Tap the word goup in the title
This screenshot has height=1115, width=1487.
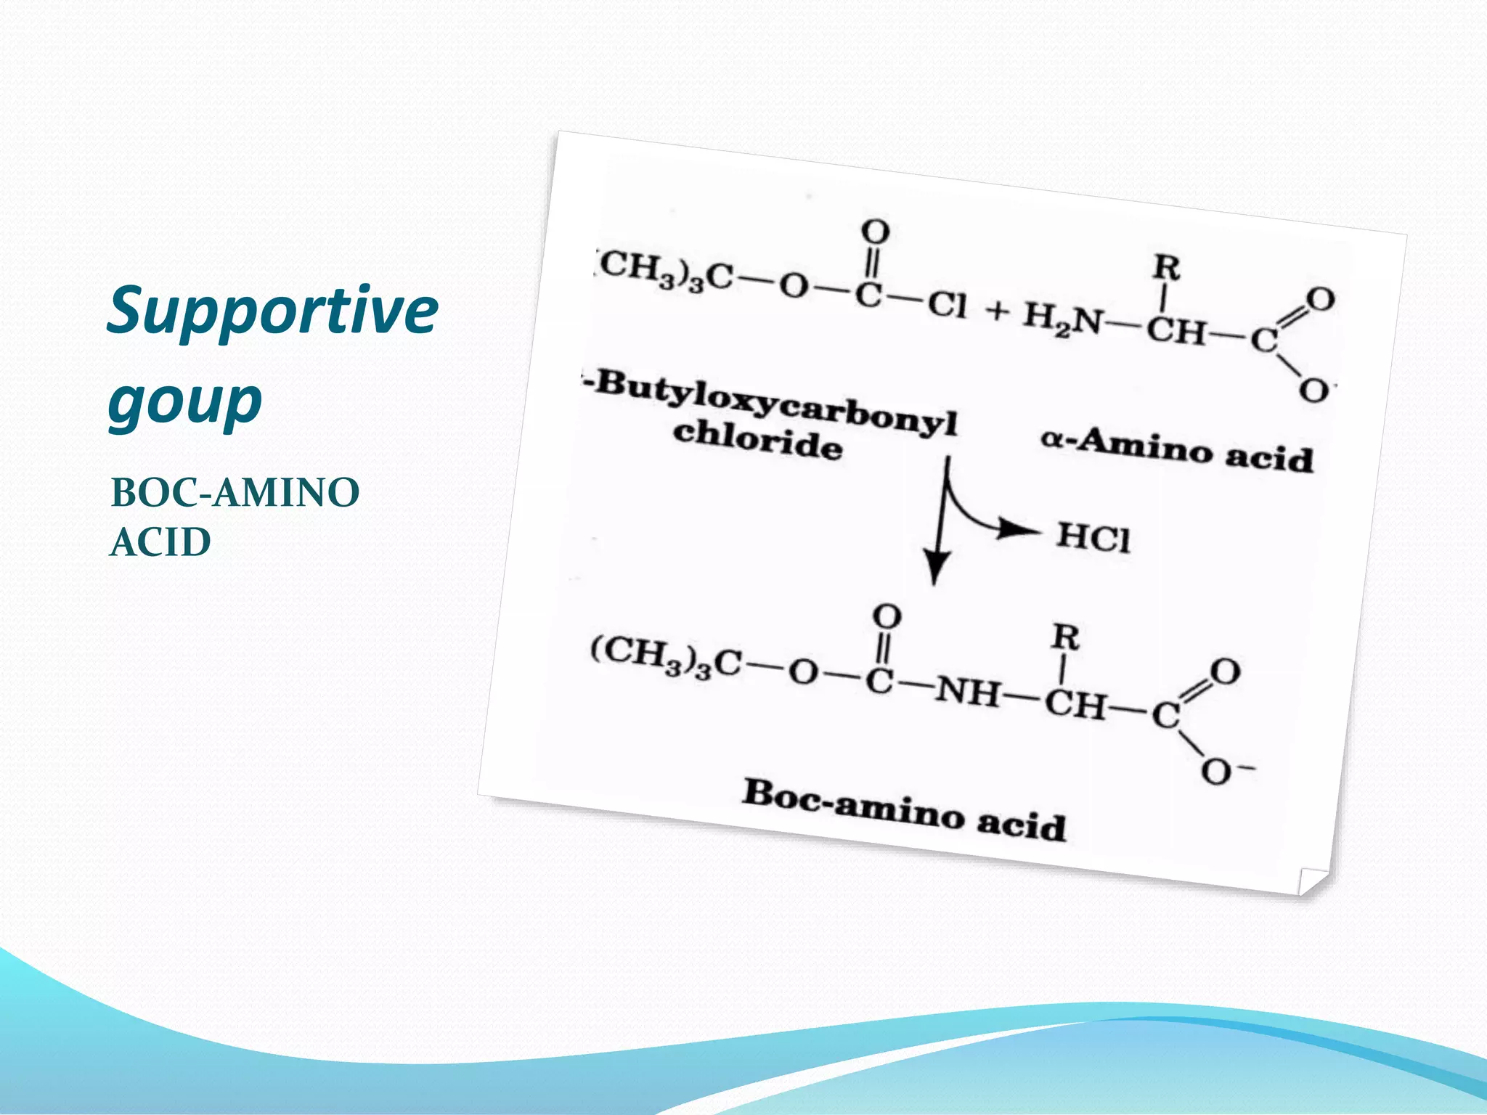click(185, 401)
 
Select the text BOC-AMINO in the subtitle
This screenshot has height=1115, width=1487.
click(235, 493)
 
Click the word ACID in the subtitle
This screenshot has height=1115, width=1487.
click(160, 542)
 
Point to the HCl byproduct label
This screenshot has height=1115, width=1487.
click(1093, 538)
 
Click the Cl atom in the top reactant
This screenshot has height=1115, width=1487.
click(947, 305)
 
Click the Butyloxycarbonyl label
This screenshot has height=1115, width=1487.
click(773, 401)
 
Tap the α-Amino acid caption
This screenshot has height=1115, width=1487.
click(1177, 450)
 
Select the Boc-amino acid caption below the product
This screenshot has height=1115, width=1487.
click(904, 809)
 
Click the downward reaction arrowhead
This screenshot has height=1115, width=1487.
click(937, 566)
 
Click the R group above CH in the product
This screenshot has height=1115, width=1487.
click(1066, 638)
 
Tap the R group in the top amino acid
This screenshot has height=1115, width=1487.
click(1167, 268)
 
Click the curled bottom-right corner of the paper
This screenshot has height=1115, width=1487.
click(1313, 881)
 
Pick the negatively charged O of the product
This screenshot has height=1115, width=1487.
click(1218, 772)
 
